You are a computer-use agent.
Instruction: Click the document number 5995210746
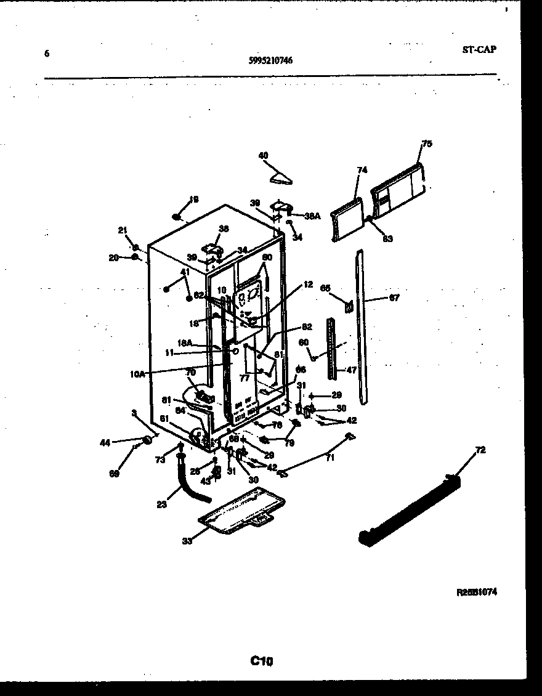pyautogui.click(x=270, y=60)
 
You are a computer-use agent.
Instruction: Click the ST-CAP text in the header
pyautogui.click(x=479, y=50)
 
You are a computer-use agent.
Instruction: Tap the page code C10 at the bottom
pyautogui.click(x=261, y=662)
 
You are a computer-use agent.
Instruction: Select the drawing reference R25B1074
pyautogui.click(x=477, y=592)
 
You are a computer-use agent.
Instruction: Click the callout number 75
pyautogui.click(x=427, y=144)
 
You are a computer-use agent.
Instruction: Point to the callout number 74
pyautogui.click(x=362, y=169)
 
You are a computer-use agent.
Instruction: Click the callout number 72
pyautogui.click(x=480, y=450)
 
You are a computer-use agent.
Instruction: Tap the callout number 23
pyautogui.click(x=161, y=503)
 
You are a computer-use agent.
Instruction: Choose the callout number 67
pyautogui.click(x=394, y=298)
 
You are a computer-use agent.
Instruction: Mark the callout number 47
pyautogui.click(x=352, y=370)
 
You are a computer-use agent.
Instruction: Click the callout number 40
pyautogui.click(x=263, y=156)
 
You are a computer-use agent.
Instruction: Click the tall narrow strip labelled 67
pyautogui.click(x=362, y=326)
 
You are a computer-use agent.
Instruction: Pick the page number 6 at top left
pyautogui.click(x=46, y=54)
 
